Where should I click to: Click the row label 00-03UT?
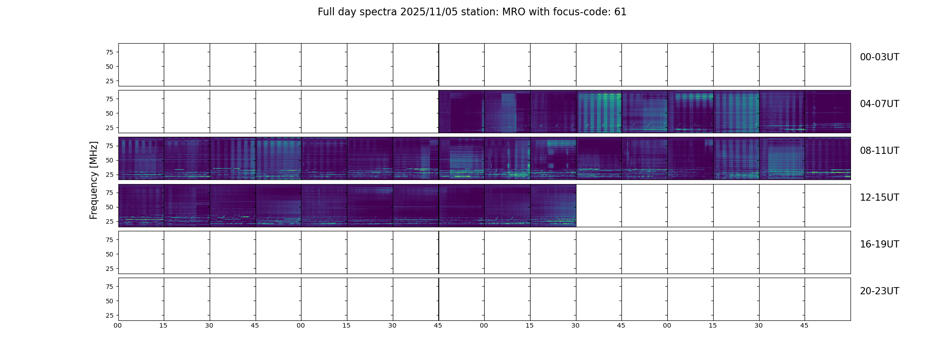click(879, 57)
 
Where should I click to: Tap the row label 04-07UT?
click(879, 104)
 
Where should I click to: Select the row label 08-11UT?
click(879, 151)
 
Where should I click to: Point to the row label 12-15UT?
click(879, 198)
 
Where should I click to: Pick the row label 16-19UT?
click(879, 244)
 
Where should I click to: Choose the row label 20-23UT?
click(879, 291)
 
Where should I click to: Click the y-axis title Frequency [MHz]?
click(94, 180)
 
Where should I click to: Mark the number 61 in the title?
click(621, 12)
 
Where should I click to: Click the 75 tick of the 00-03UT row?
click(109, 52)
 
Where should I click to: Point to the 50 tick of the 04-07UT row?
click(109, 113)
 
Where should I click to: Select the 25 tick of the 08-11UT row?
click(109, 175)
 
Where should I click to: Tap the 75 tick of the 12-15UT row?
click(109, 193)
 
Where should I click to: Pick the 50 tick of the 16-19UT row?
click(109, 254)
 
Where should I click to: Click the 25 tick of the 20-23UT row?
click(109, 315)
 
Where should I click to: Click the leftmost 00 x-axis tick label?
click(118, 325)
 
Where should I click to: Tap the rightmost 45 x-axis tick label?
click(804, 325)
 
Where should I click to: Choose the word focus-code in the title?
click(586, 12)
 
